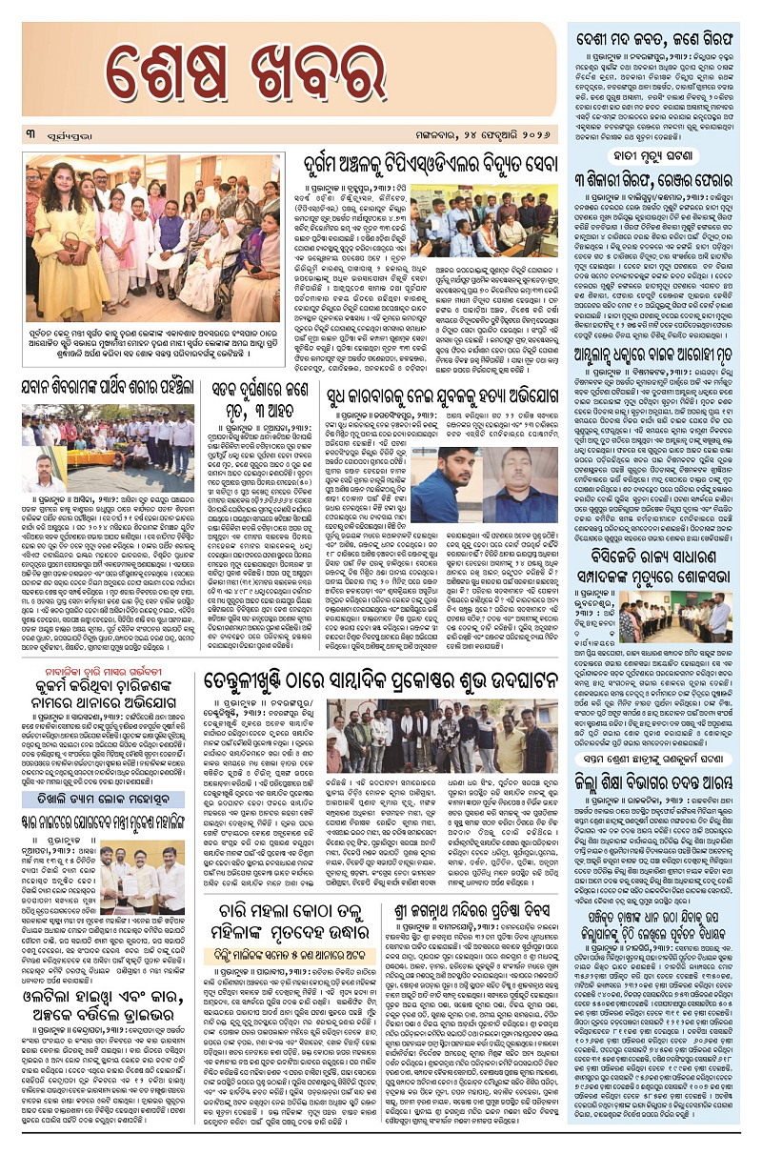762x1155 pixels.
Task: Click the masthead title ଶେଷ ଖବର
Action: click(x=286, y=74)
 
